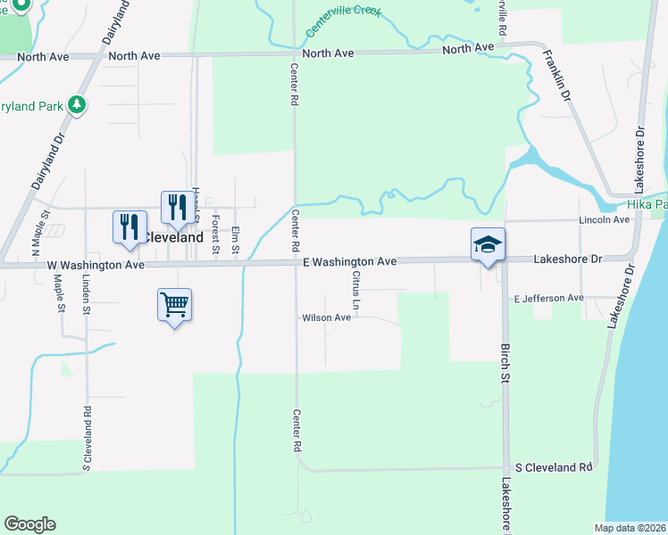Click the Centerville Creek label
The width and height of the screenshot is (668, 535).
(x=344, y=21)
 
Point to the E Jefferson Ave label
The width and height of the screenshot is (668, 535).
(x=548, y=298)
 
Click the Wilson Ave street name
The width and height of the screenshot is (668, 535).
(x=326, y=317)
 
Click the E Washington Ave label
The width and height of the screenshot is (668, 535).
(x=348, y=262)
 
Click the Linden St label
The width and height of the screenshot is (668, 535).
(x=87, y=297)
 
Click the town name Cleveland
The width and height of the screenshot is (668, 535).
(x=172, y=238)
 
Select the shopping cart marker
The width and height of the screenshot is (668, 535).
(x=175, y=305)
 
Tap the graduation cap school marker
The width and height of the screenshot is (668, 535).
(x=488, y=243)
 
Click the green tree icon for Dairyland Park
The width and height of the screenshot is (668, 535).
(x=77, y=106)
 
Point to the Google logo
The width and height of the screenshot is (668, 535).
(x=29, y=524)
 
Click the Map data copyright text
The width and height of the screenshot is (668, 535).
(x=630, y=528)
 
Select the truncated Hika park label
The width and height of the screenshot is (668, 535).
(x=647, y=204)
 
